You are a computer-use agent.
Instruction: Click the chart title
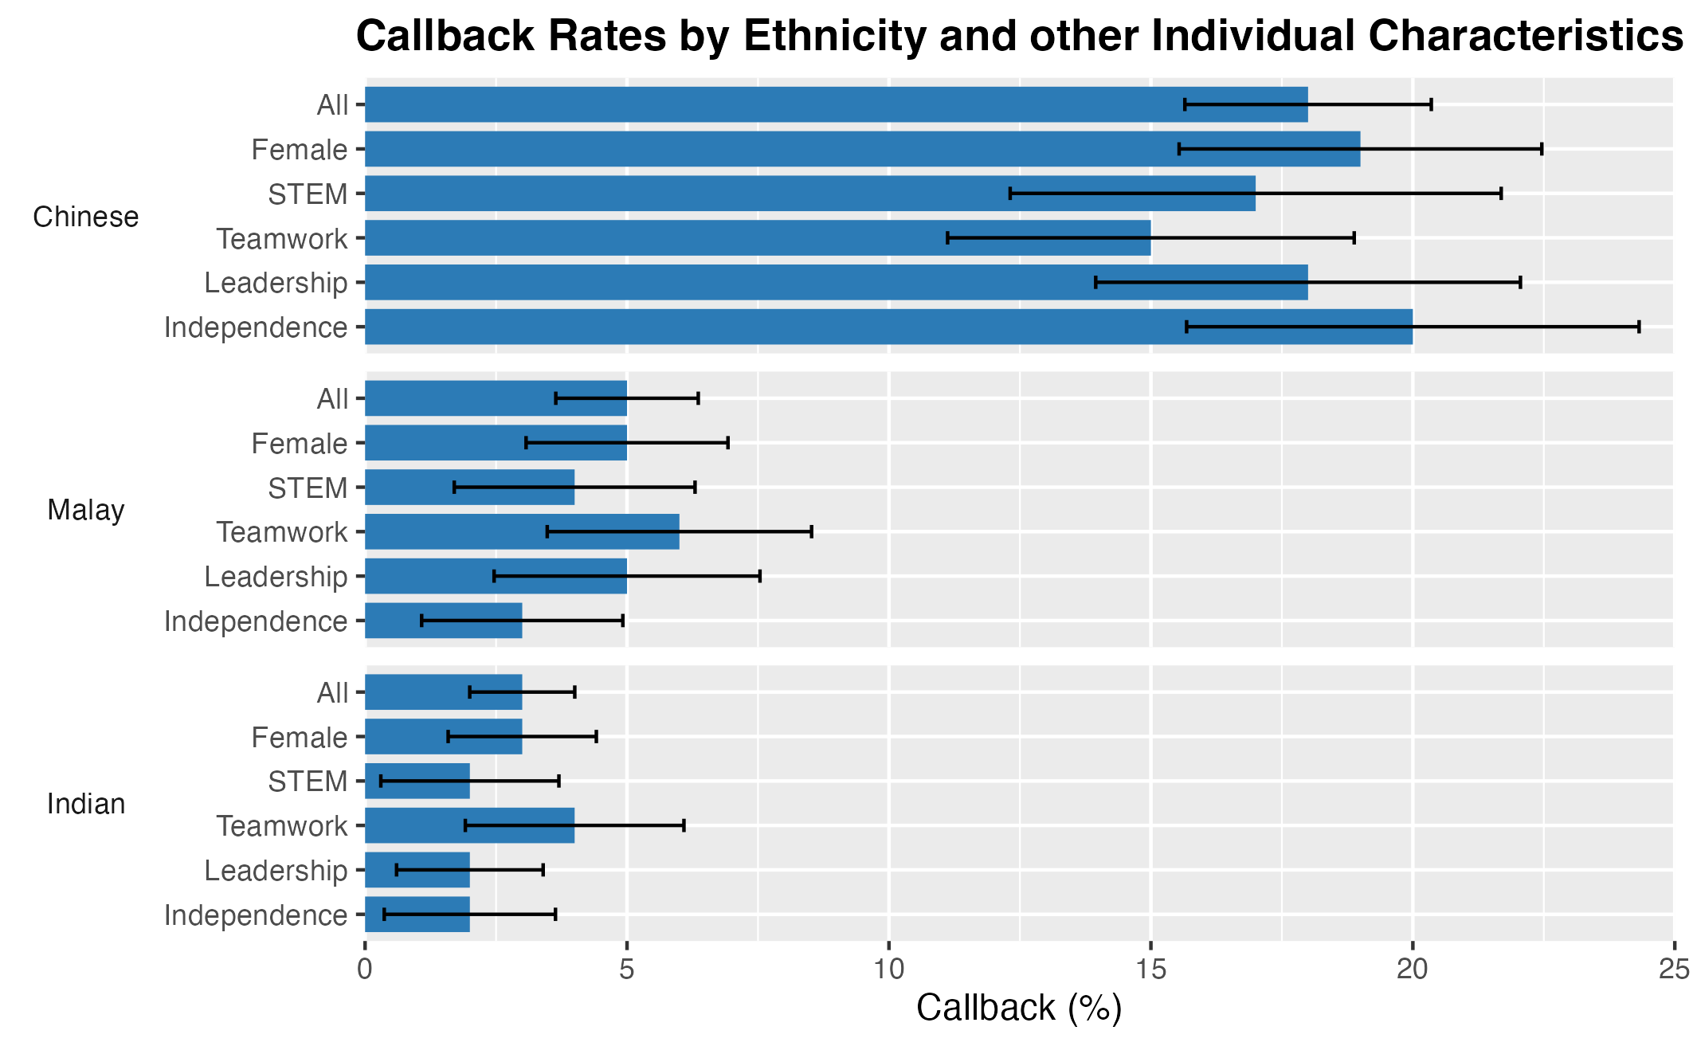tap(1019, 37)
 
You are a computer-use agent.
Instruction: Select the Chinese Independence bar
tap(888, 327)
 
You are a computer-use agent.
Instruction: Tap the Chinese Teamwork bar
tap(757, 238)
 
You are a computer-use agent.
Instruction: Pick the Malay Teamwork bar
tap(522, 532)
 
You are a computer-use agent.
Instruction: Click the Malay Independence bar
tap(443, 621)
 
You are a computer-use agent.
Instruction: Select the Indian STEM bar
tap(417, 782)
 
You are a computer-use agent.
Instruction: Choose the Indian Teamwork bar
tap(469, 826)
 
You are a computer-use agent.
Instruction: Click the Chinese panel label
tap(86, 217)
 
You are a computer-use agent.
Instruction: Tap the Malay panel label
tap(86, 511)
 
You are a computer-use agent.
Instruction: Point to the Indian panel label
tap(86, 805)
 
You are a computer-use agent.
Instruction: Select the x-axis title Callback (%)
tap(1019, 1009)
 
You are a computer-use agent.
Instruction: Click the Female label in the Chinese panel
tap(300, 150)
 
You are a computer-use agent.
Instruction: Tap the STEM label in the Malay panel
tap(308, 488)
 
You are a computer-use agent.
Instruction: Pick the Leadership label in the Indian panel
tap(276, 871)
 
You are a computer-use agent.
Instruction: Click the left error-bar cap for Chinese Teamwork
tap(947, 238)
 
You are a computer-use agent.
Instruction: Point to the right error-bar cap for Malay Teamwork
tap(811, 532)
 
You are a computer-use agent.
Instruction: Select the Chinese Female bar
tap(862, 149)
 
